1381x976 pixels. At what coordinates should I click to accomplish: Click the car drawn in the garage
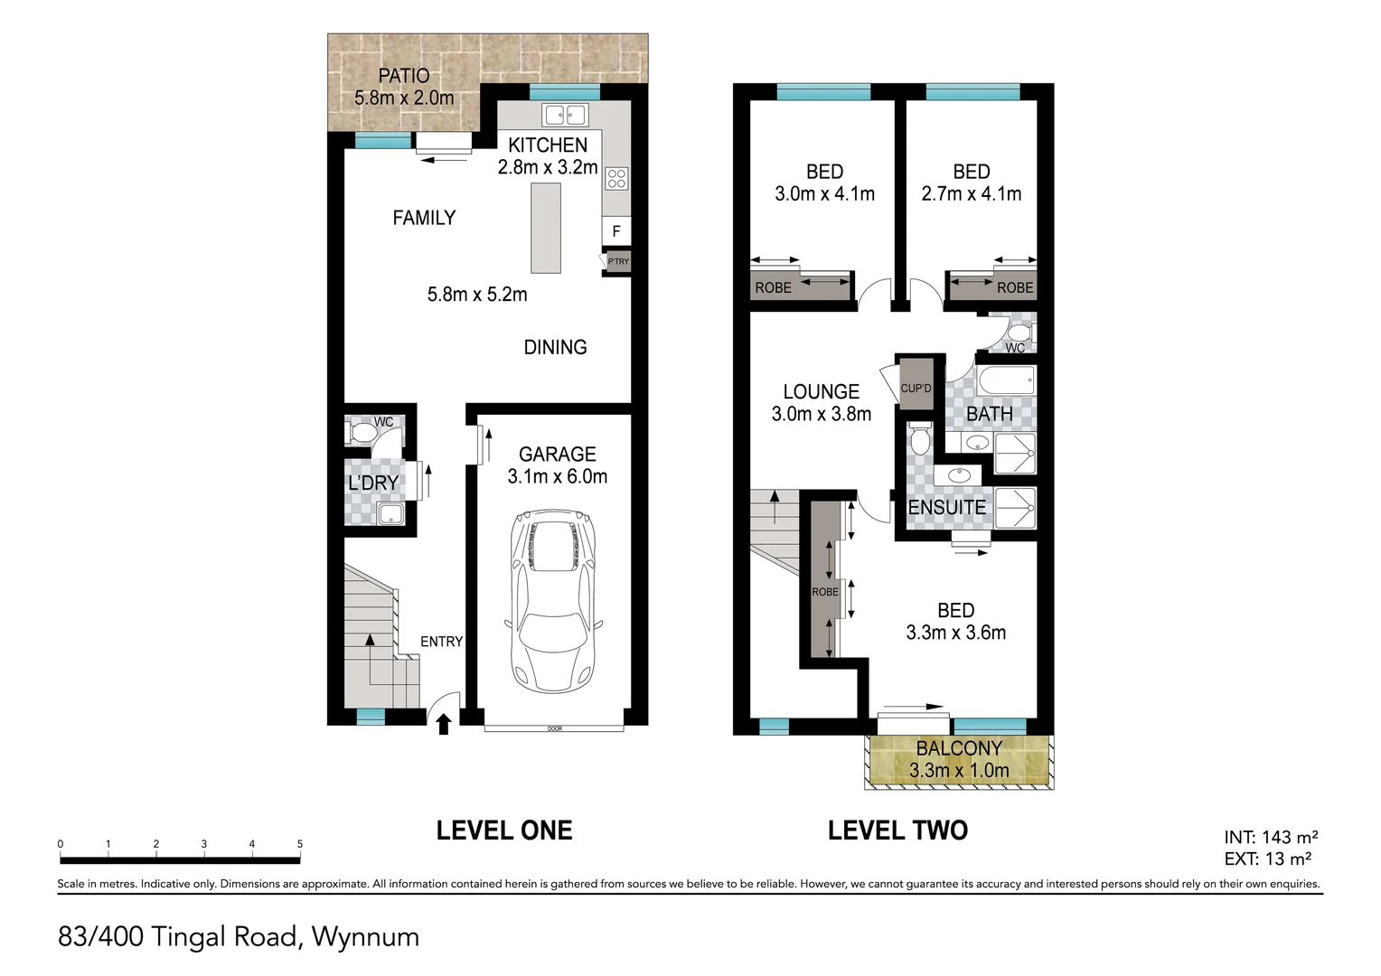[554, 601]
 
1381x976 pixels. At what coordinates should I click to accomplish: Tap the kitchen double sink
[566, 115]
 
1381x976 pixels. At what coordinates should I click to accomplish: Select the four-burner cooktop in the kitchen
[616, 179]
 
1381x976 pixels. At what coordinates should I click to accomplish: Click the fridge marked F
[615, 231]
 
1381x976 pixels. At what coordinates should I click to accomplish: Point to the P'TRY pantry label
[618, 261]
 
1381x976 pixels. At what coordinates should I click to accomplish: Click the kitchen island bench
[546, 228]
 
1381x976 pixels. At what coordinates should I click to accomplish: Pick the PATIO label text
[404, 76]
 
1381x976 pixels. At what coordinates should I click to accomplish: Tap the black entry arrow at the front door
[443, 725]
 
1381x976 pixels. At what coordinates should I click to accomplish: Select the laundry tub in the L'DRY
[390, 513]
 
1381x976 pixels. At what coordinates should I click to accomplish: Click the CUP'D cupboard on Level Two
[916, 384]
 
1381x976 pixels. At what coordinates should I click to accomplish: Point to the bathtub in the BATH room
[1006, 381]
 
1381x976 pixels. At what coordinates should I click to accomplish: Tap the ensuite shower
[1014, 507]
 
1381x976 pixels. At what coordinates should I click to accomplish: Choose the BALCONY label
[959, 748]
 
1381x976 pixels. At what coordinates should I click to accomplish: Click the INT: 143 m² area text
[1271, 837]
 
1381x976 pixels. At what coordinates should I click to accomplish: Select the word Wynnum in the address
[366, 937]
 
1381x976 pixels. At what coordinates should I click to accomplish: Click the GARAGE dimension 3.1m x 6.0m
[558, 476]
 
